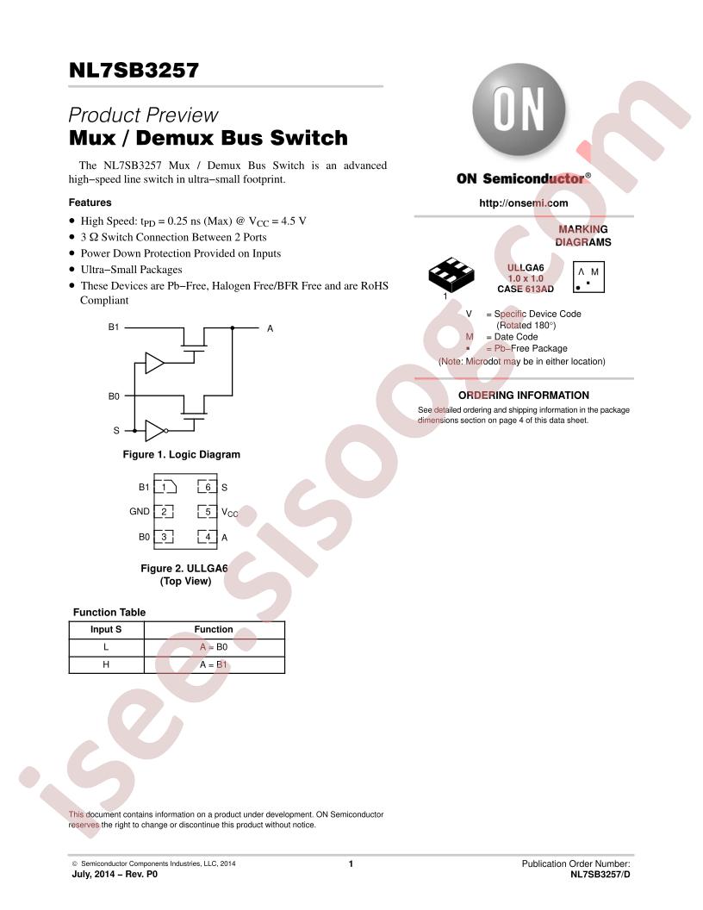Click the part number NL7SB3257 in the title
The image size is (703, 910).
134,70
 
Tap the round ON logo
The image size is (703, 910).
519,109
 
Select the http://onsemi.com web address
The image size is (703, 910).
523,203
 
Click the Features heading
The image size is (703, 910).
90,203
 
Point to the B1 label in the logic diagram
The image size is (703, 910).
114,327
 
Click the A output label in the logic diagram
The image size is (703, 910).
270,328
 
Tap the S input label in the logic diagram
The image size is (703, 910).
116,431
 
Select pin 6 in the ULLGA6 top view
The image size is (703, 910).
207,487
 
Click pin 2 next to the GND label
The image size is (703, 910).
165,511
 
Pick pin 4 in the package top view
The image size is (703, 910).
207,537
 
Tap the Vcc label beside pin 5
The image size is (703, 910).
230,512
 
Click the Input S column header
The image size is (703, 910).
106,630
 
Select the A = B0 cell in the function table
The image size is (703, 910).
214,647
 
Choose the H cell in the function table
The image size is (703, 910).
106,664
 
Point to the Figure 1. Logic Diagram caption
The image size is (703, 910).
181,454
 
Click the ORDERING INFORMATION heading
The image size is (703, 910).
523,396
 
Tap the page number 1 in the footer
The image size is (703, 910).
351,863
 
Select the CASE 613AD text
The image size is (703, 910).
526,289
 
